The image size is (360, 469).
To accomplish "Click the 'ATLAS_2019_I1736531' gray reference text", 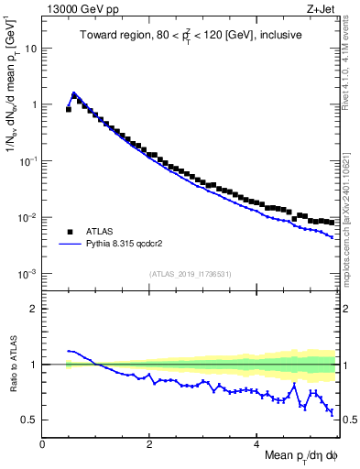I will [x=190, y=274].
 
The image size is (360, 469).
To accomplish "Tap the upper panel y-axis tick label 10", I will [x=32, y=48].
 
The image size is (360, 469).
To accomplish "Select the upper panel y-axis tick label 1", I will [x=35, y=104].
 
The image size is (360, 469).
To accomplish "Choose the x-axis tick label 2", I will [x=149, y=443].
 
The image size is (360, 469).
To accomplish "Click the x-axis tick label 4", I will [x=256, y=443].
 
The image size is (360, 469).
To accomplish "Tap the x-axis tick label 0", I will [x=42, y=443].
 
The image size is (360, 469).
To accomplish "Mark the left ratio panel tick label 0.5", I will [x=30, y=420].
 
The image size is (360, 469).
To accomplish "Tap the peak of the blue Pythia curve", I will [x=73, y=93].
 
